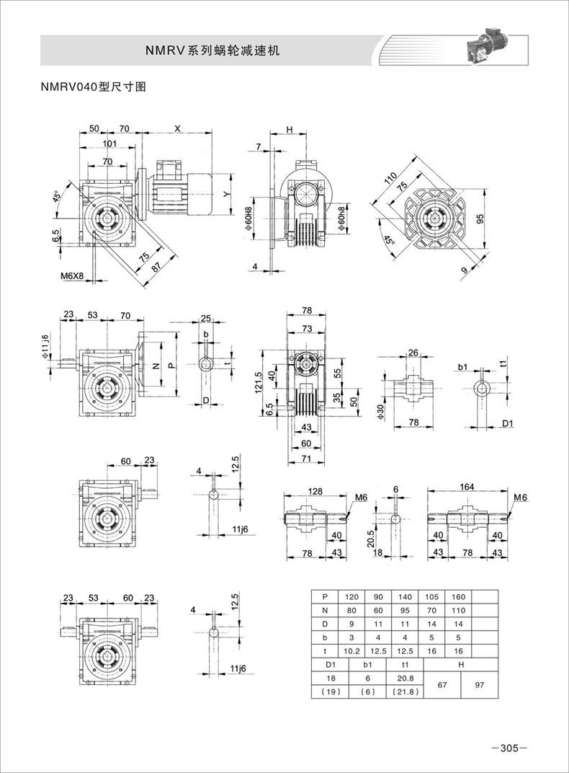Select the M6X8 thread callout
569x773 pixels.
72,276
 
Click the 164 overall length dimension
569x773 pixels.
467,487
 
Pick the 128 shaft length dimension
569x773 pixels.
315,491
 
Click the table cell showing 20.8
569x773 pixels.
405,679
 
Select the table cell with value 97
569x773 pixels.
480,685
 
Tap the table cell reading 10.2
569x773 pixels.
351,650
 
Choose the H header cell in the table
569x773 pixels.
461,665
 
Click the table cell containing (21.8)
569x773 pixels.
405,692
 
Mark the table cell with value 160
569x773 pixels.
458,596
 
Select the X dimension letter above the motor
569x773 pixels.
178,128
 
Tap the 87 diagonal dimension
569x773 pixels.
156,266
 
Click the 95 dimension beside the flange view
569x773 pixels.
481,218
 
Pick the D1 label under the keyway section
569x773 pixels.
508,423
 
